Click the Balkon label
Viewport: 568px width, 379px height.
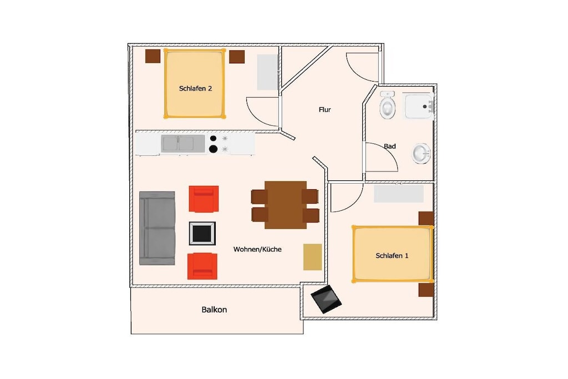214,310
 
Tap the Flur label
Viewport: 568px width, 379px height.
324,110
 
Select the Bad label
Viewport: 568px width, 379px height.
390,146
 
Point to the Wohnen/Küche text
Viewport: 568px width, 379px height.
257,249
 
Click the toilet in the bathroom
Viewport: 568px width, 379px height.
387,105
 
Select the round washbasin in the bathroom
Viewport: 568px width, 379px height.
422,154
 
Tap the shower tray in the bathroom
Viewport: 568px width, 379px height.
419,107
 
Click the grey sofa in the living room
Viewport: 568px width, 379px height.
157,228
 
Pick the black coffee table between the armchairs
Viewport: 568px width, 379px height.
202,234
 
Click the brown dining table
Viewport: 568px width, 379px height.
286,205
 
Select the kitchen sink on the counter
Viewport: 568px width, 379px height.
183,144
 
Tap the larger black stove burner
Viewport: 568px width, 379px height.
214,149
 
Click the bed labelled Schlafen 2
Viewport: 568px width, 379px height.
195,83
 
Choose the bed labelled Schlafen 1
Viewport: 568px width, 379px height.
393,254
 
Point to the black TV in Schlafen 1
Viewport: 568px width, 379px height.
326,299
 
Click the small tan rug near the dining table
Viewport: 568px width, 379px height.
313,257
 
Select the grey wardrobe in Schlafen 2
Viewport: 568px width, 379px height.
267,72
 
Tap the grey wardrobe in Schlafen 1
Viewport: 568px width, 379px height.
398,194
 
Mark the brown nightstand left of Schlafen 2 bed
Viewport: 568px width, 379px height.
153,56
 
